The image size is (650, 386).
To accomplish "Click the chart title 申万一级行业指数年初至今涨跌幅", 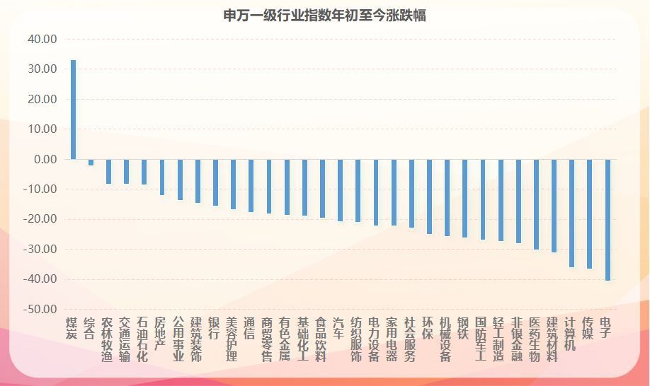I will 324,16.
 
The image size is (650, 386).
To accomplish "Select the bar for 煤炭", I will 73,110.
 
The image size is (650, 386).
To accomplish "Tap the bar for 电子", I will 608,219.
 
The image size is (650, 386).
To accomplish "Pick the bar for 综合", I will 91,162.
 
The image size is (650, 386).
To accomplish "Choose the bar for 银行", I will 215,182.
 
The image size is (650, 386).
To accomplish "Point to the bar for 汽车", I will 340,190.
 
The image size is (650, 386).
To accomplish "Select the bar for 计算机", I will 572,213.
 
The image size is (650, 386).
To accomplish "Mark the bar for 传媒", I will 590,214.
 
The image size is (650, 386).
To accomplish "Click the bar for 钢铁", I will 464,198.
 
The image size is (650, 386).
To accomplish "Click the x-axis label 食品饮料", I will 321,339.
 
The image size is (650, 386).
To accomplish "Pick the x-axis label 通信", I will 249,328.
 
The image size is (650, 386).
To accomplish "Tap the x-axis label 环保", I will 428,328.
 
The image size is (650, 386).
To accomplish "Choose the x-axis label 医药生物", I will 535,339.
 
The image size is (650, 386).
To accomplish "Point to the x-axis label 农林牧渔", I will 107,339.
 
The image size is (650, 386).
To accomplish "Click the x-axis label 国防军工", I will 481,339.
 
